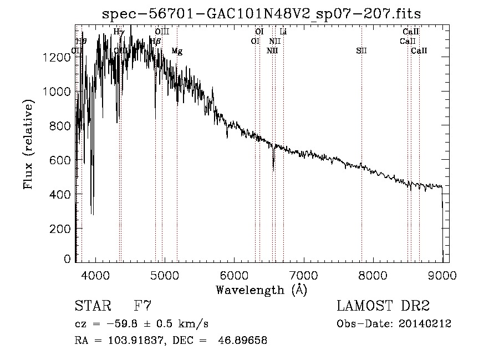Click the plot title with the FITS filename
point(262,14)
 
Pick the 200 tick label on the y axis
point(63,229)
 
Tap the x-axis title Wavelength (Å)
point(262,290)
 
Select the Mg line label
point(177,51)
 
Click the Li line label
point(283,32)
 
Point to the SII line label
point(361,51)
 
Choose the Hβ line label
point(156,41)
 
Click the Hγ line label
point(119,32)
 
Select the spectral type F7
point(142,306)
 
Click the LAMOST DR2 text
point(383,306)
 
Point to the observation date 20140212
point(425,323)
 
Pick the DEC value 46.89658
point(244,341)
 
